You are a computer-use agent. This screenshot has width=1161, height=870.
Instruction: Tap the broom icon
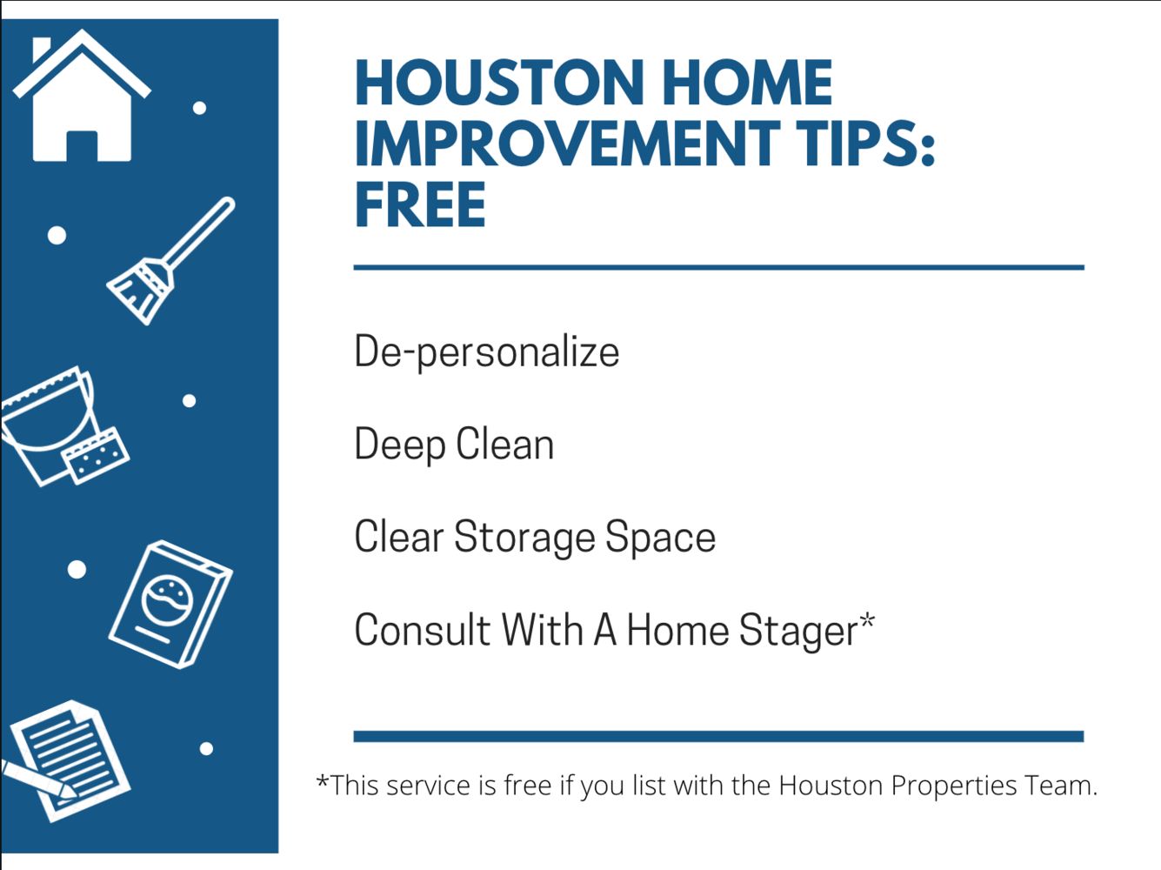170,261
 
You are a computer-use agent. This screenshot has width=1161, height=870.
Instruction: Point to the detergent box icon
170,605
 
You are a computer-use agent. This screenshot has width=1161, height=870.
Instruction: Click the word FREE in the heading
420,204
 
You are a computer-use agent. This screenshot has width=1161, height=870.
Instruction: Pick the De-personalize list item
487,351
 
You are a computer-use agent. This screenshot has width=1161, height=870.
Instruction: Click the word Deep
400,445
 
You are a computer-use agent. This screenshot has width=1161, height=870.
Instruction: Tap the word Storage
524,538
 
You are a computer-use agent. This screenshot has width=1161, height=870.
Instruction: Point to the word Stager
798,631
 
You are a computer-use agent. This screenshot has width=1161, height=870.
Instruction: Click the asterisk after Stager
867,619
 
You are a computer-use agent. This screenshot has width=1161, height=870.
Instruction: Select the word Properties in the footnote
954,786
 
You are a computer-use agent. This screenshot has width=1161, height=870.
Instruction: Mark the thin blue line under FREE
719,268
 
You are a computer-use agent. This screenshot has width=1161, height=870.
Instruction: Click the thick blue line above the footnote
719,736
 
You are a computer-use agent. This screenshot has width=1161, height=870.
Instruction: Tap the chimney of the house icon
40,49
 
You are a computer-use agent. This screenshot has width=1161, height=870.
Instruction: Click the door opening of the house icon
82,146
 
